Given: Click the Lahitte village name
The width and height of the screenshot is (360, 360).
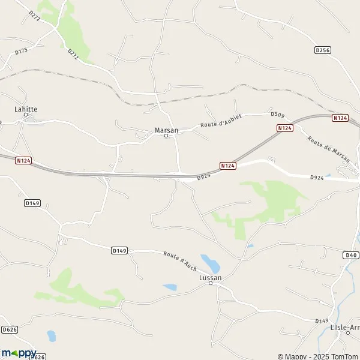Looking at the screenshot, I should [26, 109].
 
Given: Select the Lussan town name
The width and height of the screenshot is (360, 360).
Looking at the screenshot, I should [210, 278].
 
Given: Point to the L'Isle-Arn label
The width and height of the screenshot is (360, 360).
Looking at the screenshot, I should [345, 327].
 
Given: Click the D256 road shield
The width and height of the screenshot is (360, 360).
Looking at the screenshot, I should [323, 50].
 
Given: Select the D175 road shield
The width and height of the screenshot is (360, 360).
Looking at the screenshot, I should [21, 51].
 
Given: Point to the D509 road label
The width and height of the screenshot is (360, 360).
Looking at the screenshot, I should [277, 114].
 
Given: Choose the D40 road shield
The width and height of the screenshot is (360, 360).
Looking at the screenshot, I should [351, 255].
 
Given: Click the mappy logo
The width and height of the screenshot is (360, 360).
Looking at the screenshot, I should [19, 353].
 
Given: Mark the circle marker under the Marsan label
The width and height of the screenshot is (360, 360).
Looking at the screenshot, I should [167, 136].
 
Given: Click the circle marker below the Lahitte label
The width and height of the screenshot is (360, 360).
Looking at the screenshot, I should [26, 115].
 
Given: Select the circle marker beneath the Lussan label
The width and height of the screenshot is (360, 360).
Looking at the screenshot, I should [210, 284].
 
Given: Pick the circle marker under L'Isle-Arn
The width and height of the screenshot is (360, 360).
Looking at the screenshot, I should [347, 333].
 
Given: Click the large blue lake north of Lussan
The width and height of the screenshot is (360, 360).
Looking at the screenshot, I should [210, 262].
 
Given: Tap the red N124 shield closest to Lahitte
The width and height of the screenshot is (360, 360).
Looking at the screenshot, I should [24, 161].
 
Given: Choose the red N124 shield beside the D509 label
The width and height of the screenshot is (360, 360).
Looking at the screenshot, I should [284, 128].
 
